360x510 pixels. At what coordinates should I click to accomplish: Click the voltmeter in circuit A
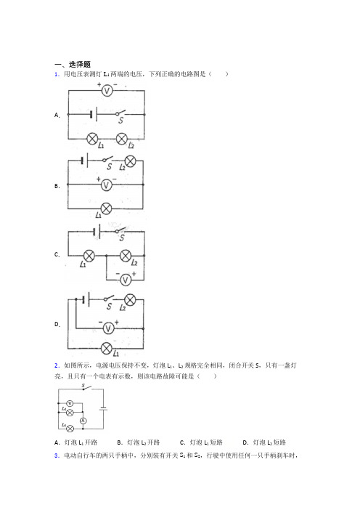(x=107, y=90)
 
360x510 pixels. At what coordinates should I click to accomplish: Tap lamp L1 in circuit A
(x=93, y=139)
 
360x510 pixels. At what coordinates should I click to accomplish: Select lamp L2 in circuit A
(x=122, y=139)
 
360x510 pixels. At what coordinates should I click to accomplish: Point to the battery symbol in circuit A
(x=94, y=115)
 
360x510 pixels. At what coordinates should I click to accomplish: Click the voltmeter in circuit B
(x=106, y=185)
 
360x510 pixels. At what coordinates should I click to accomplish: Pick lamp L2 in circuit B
(x=131, y=161)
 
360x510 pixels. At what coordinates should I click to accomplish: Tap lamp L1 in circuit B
(x=106, y=209)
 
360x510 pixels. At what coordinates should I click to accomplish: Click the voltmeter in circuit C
(x=126, y=280)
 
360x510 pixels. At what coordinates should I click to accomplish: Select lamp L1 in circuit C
(x=89, y=256)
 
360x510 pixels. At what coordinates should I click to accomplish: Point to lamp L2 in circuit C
(x=126, y=256)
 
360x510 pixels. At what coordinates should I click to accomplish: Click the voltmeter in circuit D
(x=109, y=328)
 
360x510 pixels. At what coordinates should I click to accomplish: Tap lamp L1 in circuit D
(x=107, y=348)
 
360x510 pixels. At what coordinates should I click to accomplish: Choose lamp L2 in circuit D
(x=130, y=299)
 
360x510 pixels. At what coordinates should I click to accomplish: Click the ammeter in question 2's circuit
(x=83, y=421)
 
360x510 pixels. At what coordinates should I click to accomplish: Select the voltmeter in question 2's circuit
(x=70, y=404)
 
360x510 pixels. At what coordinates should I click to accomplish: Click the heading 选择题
(x=80, y=65)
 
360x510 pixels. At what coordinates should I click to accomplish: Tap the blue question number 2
(x=57, y=365)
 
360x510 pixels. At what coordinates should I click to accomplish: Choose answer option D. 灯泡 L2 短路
(x=264, y=442)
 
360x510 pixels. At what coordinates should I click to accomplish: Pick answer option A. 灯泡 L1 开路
(x=76, y=442)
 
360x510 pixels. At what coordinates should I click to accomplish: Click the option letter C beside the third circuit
(x=57, y=255)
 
